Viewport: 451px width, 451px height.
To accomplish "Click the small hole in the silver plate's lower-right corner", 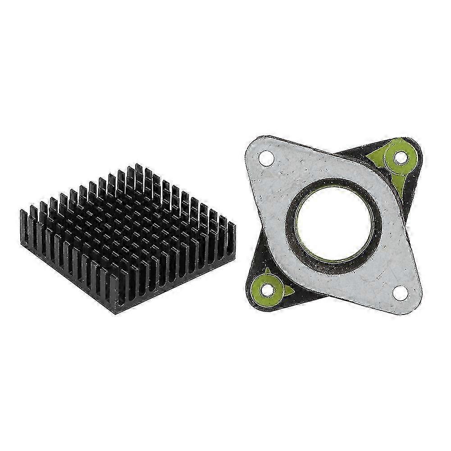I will pyautogui.click(x=398, y=292).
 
